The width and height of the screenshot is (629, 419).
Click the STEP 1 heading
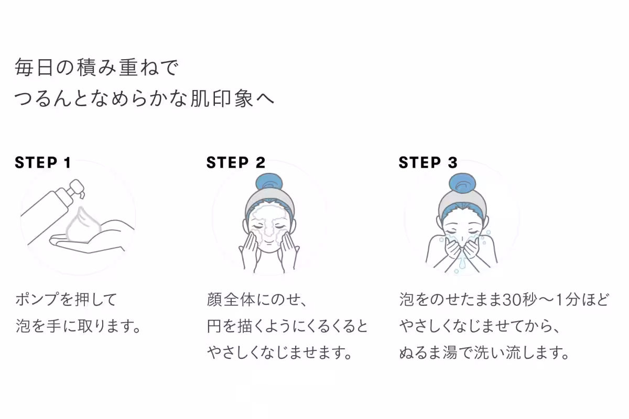point(42,163)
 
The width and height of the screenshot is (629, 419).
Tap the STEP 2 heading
point(236,163)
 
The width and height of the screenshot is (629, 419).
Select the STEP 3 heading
point(428,163)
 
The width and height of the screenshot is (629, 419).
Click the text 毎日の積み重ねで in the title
point(96,68)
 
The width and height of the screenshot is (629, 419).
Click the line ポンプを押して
point(66,300)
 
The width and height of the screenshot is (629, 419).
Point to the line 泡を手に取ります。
point(79,327)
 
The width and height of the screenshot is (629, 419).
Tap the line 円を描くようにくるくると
point(287,327)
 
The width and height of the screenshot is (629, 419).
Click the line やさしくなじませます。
point(278,354)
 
